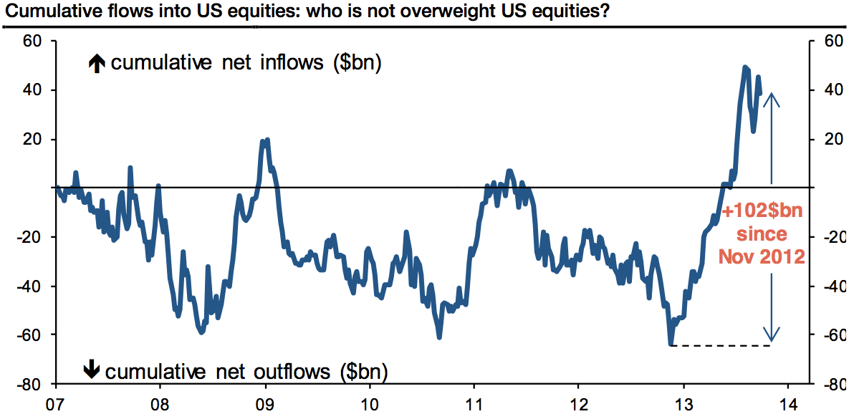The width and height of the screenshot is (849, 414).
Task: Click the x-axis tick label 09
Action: pos(265,403)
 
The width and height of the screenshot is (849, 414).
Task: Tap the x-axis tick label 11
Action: pos(474,403)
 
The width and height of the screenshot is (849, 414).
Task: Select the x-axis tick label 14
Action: pos(788,403)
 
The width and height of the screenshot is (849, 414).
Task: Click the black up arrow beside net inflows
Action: pos(96,64)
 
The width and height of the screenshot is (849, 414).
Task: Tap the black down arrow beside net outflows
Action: pos(91,370)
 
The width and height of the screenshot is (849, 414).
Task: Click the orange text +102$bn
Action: pos(762,213)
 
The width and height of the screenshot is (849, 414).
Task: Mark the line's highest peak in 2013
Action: pos(746,67)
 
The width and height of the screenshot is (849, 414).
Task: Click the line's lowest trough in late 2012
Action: pos(671,345)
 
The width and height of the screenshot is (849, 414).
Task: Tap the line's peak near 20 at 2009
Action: pos(267,140)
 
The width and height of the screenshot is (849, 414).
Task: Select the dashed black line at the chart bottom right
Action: pos(722,346)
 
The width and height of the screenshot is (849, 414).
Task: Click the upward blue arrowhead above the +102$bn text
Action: pos(771,100)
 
